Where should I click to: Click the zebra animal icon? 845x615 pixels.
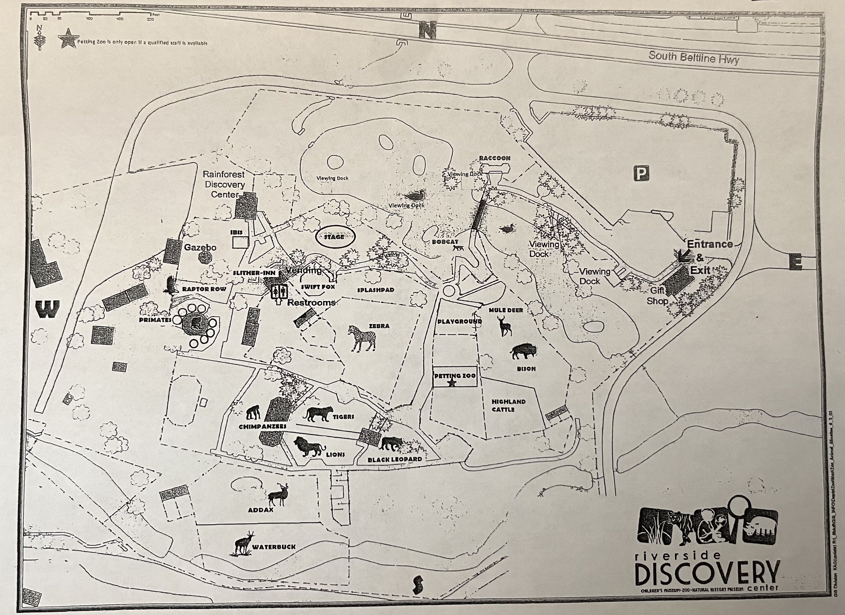tap(362, 338)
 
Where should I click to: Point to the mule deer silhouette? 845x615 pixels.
tap(504, 326)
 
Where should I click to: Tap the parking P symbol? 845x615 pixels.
tap(641, 174)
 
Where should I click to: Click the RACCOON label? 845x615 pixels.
tap(494, 158)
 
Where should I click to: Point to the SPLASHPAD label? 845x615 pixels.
tap(376, 290)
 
